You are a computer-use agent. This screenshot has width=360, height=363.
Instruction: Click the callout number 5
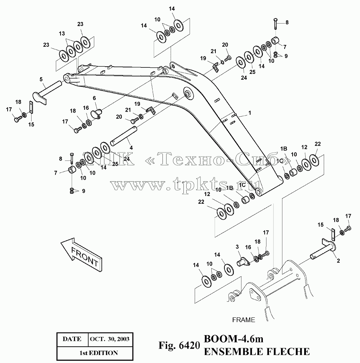pyautogui.click(x=41, y=79)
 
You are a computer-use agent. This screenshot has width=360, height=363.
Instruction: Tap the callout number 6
pyautogui.click(x=94, y=98)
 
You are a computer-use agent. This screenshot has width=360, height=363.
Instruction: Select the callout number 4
pyautogui.click(x=131, y=148)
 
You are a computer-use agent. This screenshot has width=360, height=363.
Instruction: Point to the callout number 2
pyautogui.click(x=338, y=261)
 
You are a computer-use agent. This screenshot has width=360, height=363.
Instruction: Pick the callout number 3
pyautogui.click(x=237, y=247)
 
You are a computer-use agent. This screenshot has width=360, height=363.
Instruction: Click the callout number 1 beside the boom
pyautogui.click(x=250, y=113)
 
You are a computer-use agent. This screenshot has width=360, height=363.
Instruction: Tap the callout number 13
pyautogui.click(x=62, y=34)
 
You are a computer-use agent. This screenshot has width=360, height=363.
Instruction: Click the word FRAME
pyautogui.click(x=244, y=320)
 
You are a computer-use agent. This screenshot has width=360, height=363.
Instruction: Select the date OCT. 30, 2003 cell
pyautogui.click(x=109, y=339)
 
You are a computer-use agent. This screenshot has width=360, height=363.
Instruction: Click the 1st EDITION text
pyautogui.click(x=99, y=353)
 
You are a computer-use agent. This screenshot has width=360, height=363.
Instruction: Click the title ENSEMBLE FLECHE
pyautogui.click(x=256, y=351)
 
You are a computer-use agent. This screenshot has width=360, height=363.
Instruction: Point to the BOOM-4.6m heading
pyautogui.click(x=233, y=339)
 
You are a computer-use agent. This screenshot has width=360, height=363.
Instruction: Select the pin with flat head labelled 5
pyautogui.click(x=47, y=93)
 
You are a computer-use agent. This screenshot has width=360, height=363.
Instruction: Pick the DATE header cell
pyautogui.click(x=72, y=339)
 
